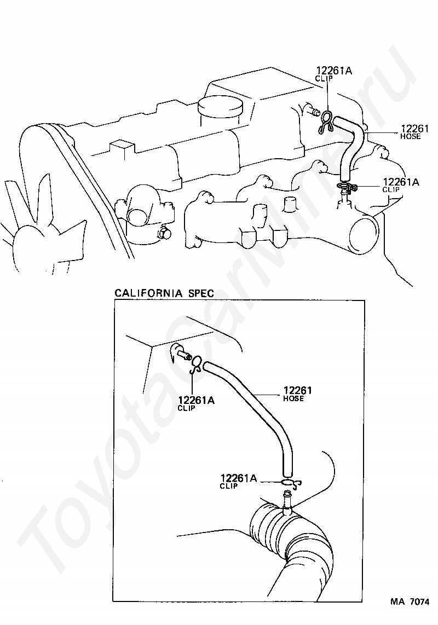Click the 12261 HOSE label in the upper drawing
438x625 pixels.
pyautogui.click(x=410, y=132)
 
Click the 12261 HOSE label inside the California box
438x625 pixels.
pyautogui.click(x=297, y=393)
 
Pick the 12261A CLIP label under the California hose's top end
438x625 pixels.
pyautogui.click(x=195, y=403)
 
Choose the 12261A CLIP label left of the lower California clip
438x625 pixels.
pyautogui.click(x=238, y=481)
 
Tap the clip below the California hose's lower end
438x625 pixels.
pyautogui.click(x=290, y=483)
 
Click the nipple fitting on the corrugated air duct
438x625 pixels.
pyautogui.click(x=286, y=501)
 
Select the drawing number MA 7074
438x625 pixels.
pyautogui.click(x=409, y=602)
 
